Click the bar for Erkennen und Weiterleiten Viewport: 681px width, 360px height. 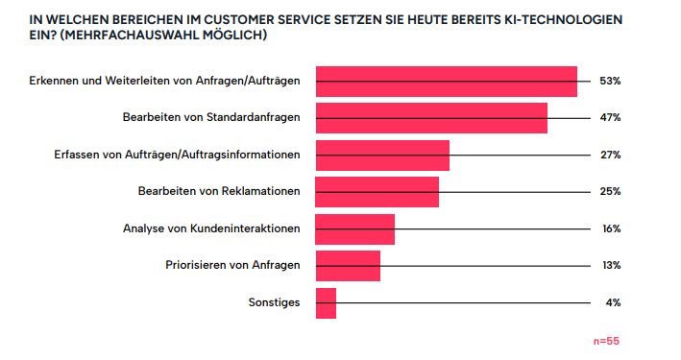(446, 82)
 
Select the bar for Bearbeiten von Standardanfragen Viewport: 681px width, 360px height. (431, 118)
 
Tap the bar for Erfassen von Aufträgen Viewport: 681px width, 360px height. (382, 155)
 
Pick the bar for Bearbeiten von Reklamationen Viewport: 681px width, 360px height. (377, 191)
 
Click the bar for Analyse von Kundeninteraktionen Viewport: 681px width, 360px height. (354, 228)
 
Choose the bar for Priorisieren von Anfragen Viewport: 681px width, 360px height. (348, 265)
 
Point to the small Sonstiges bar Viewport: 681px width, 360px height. (326, 302)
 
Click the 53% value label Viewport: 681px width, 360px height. (610, 82)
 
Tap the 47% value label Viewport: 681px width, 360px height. (610, 118)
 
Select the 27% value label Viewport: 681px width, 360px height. (610, 155)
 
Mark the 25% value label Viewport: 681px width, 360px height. (610, 191)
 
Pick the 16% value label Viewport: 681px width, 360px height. (610, 228)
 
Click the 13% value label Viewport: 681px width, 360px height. (610, 265)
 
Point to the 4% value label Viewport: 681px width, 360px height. (613, 302)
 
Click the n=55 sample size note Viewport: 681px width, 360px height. (607, 341)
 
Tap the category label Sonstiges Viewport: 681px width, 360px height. (274, 302)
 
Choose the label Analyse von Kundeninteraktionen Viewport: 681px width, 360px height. (211, 228)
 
